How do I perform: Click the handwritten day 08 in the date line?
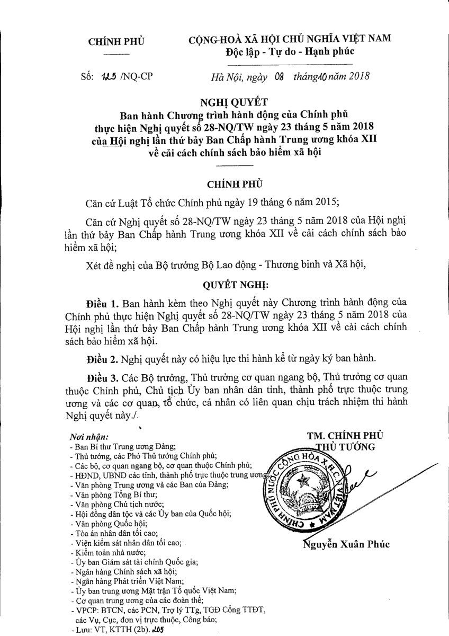pos(280,76)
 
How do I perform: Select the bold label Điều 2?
pos(102,359)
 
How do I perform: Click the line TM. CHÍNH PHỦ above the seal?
pos(345,435)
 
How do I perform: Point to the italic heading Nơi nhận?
pos(88,438)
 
